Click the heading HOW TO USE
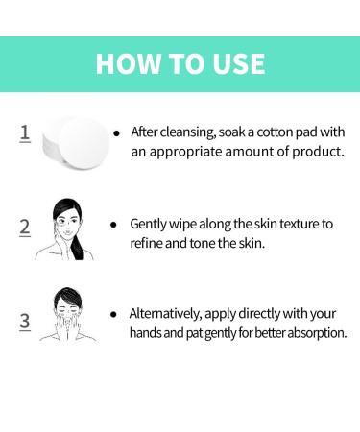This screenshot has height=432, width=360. (180, 64)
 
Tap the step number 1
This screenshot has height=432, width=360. (25, 132)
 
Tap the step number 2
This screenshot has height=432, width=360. (25, 228)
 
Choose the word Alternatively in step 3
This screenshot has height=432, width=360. (169, 314)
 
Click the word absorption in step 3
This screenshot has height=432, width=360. (312, 333)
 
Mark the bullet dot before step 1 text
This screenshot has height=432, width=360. (116, 132)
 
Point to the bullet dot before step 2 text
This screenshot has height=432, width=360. (116, 225)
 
